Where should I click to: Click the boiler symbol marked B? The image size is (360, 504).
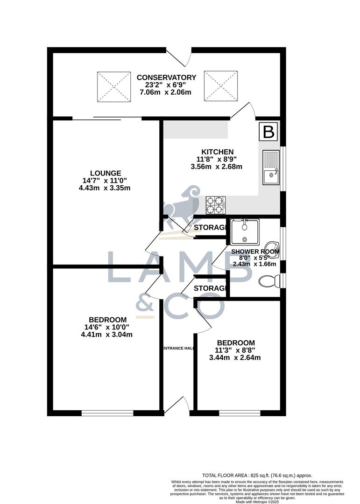[x=268, y=132]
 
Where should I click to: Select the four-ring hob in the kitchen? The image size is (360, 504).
[x=216, y=204]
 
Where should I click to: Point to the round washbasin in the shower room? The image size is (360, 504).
[x=271, y=248]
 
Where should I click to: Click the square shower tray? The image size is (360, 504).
[x=244, y=231]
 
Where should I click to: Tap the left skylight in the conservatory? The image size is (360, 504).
[x=114, y=86]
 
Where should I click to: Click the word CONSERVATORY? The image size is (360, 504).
[x=166, y=77]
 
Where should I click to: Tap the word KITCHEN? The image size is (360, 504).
[x=217, y=152]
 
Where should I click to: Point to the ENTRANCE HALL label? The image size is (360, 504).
[x=178, y=348]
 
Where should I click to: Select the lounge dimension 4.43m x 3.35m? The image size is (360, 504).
[x=105, y=188]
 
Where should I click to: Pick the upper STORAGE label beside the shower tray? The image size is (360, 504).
[x=211, y=228]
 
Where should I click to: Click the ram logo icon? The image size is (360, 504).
[x=182, y=205]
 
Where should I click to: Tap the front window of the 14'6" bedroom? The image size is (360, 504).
[x=108, y=413]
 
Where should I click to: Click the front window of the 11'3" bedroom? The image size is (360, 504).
[x=240, y=413]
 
